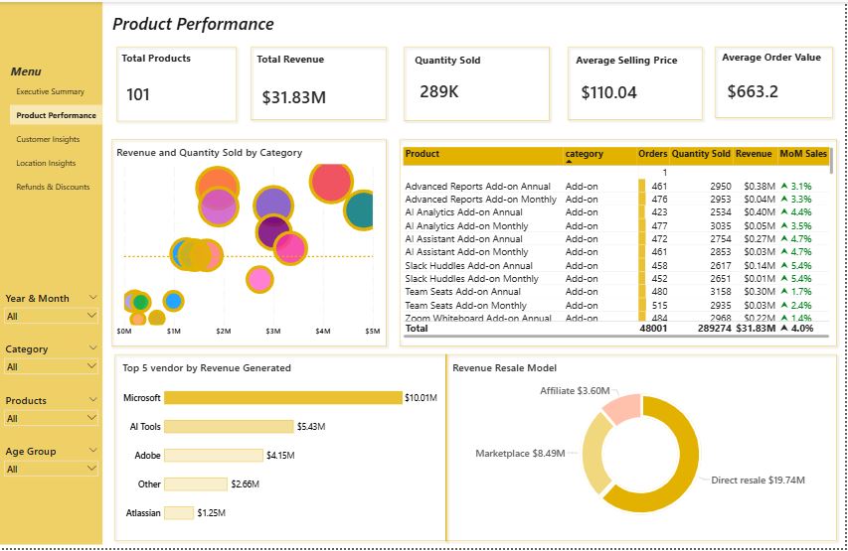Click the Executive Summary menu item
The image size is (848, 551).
pyautogui.click(x=50, y=91)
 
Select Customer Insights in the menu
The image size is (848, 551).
pyautogui.click(x=48, y=139)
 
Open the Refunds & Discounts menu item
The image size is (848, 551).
pyautogui.click(x=53, y=187)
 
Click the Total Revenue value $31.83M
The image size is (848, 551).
pyautogui.click(x=293, y=97)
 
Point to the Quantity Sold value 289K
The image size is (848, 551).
pyautogui.click(x=438, y=91)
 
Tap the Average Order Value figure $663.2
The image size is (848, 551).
pyautogui.click(x=753, y=92)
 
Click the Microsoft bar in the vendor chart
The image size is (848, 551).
pyautogui.click(x=282, y=398)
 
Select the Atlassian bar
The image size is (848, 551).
pyautogui.click(x=179, y=513)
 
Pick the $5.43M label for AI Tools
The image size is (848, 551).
pyautogui.click(x=311, y=427)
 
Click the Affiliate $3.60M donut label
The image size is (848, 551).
pyautogui.click(x=574, y=391)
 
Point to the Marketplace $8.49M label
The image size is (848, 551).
pyautogui.click(x=520, y=454)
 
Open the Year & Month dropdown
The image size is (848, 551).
pyautogui.click(x=52, y=316)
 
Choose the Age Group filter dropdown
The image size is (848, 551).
pyautogui.click(x=52, y=469)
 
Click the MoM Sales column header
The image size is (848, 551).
pyautogui.click(x=802, y=154)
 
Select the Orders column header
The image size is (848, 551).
pyautogui.click(x=652, y=154)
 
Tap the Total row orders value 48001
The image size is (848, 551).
pyautogui.click(x=652, y=328)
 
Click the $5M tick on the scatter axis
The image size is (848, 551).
pyautogui.click(x=372, y=332)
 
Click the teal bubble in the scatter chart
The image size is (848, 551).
pyautogui.click(x=360, y=209)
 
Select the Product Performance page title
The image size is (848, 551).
pyautogui.click(x=193, y=24)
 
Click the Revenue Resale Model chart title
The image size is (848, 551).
pyautogui.click(x=504, y=367)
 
